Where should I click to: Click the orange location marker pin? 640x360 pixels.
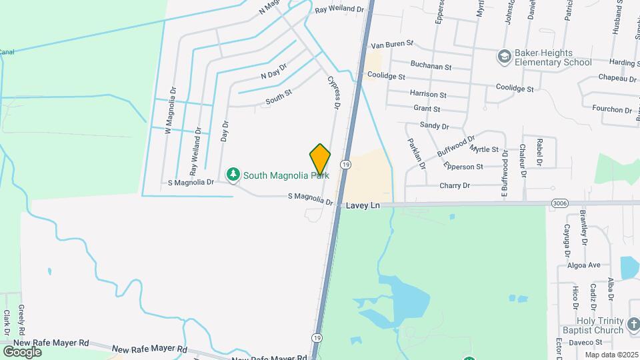point(321,159)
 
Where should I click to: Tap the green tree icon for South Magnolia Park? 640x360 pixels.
point(233,175)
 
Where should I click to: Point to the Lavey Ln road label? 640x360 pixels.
point(363,206)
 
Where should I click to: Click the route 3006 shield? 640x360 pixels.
point(559,203)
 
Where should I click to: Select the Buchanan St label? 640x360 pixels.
point(431,67)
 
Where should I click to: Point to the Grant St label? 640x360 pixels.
point(427,108)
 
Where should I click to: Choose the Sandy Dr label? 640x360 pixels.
point(435,125)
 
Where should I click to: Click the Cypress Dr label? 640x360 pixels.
point(334,91)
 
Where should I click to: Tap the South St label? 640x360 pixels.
point(279,97)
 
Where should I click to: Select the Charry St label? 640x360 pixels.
point(455,185)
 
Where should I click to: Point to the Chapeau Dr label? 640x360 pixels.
point(618,79)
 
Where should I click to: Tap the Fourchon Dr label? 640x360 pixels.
point(611,109)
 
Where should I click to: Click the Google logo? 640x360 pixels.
point(22,351)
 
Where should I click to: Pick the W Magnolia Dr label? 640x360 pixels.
point(171,111)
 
